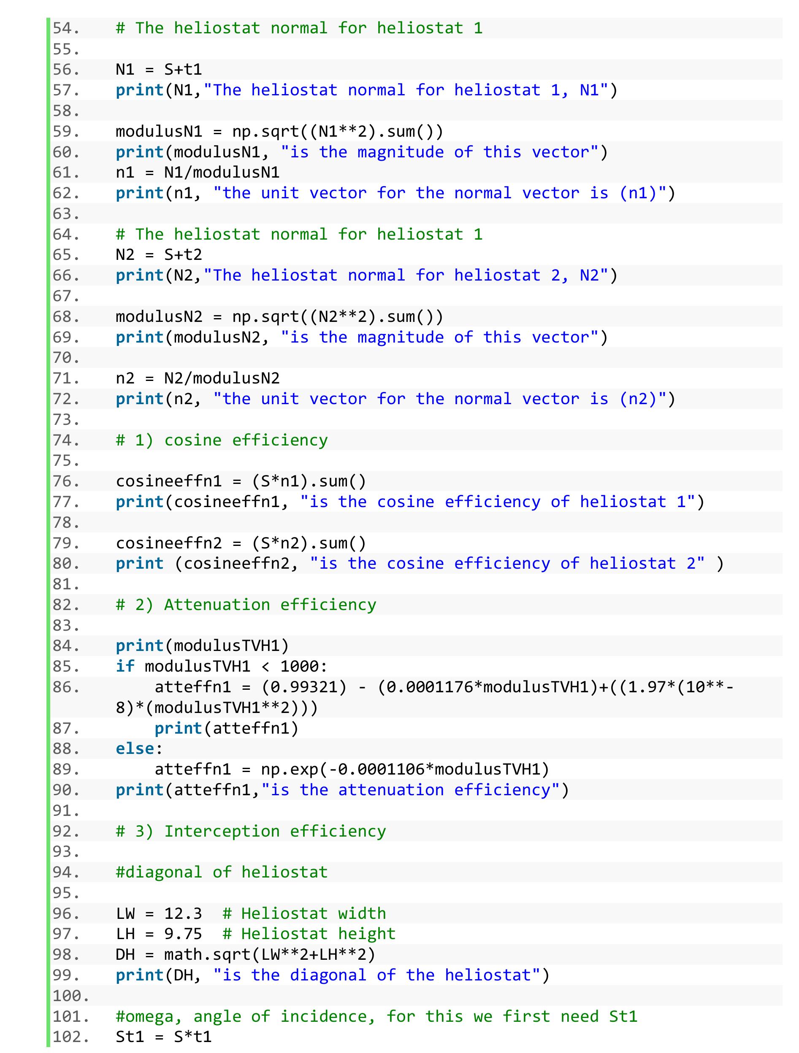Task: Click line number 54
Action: tap(66, 28)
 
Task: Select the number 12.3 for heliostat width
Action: tap(183, 913)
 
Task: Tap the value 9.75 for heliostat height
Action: tap(183, 934)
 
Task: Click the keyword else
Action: tap(135, 749)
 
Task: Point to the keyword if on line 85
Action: tap(126, 667)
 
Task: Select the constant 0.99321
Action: tap(304, 687)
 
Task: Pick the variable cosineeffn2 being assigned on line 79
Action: tap(169, 543)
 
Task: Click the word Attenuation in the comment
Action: tap(217, 605)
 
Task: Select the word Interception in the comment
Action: tap(222, 831)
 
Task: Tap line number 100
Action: tap(70, 996)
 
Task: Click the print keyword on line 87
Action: tap(179, 728)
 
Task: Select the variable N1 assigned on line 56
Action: tap(126, 70)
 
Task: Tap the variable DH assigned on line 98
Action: tap(126, 954)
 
